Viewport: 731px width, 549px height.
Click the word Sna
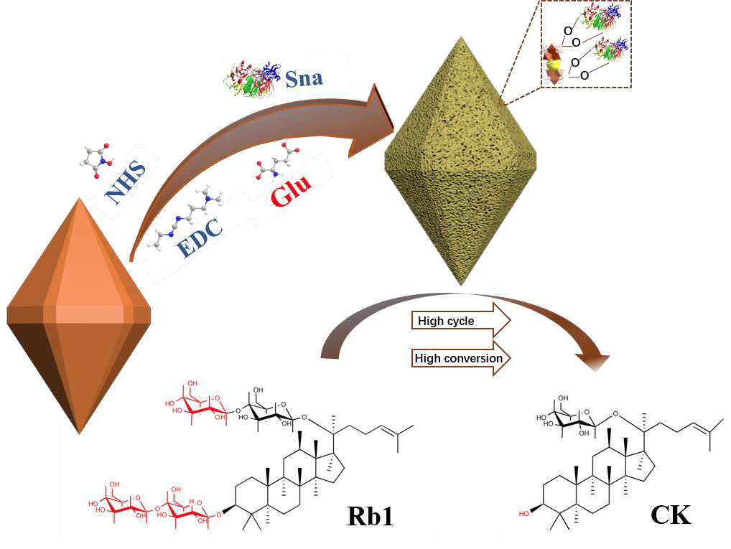pyautogui.click(x=304, y=78)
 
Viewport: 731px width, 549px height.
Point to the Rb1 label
pyautogui.click(x=371, y=516)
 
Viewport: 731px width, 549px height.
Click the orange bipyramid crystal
pyautogui.click(x=79, y=316)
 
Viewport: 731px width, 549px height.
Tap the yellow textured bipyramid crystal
pyautogui.click(x=460, y=165)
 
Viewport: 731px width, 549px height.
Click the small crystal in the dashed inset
pyautogui.click(x=553, y=65)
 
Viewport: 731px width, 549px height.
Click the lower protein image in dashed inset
pyautogui.click(x=610, y=51)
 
